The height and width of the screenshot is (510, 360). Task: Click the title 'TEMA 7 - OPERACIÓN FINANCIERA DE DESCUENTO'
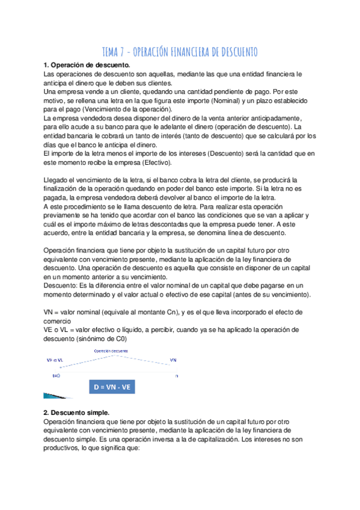point(180,52)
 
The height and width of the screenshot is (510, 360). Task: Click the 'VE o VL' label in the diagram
point(56,360)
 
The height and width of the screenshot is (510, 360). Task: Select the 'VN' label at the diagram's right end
point(173,360)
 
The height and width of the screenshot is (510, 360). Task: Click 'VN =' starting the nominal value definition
point(52,312)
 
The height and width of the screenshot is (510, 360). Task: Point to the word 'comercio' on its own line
point(61,321)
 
